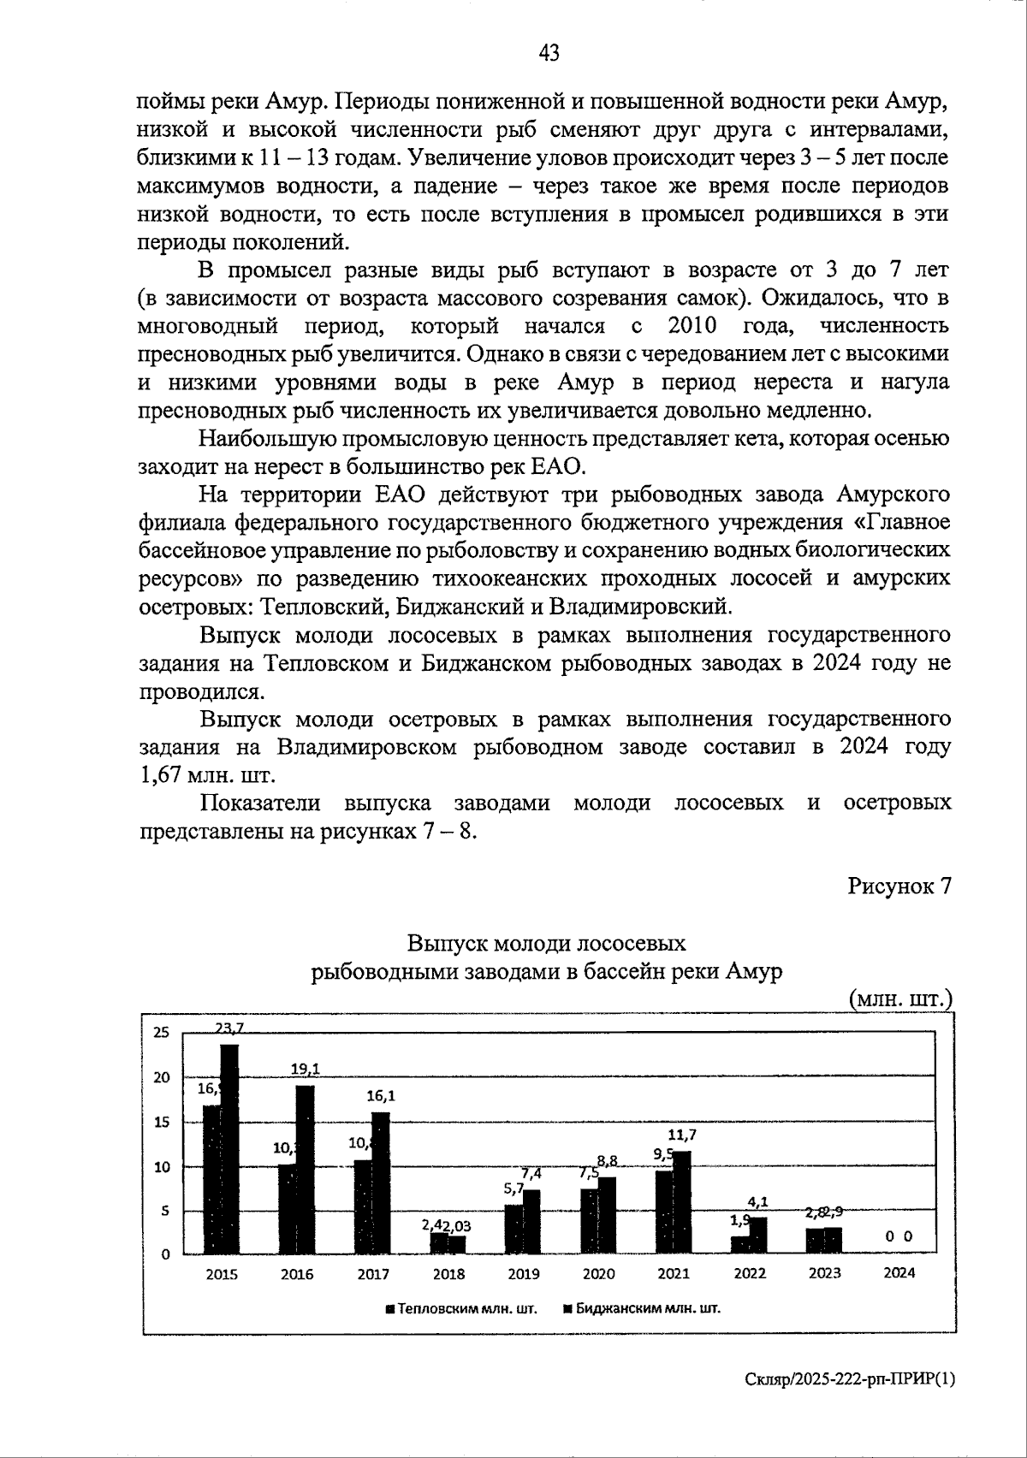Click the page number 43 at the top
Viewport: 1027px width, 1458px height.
point(549,53)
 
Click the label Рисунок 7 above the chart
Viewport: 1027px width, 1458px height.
point(899,886)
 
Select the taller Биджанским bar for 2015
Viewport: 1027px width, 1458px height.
point(229,1149)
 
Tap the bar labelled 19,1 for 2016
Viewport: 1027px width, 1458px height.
point(305,1170)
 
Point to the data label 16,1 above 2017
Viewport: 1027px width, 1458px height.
point(380,1094)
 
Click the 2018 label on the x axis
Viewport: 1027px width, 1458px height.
point(448,1273)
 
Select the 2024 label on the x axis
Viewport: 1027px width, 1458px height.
point(899,1272)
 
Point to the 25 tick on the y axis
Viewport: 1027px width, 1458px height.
point(161,1033)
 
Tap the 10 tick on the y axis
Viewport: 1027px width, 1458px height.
point(161,1166)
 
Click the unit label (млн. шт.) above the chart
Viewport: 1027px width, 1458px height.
point(899,999)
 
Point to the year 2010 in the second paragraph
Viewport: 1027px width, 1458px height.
point(692,326)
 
